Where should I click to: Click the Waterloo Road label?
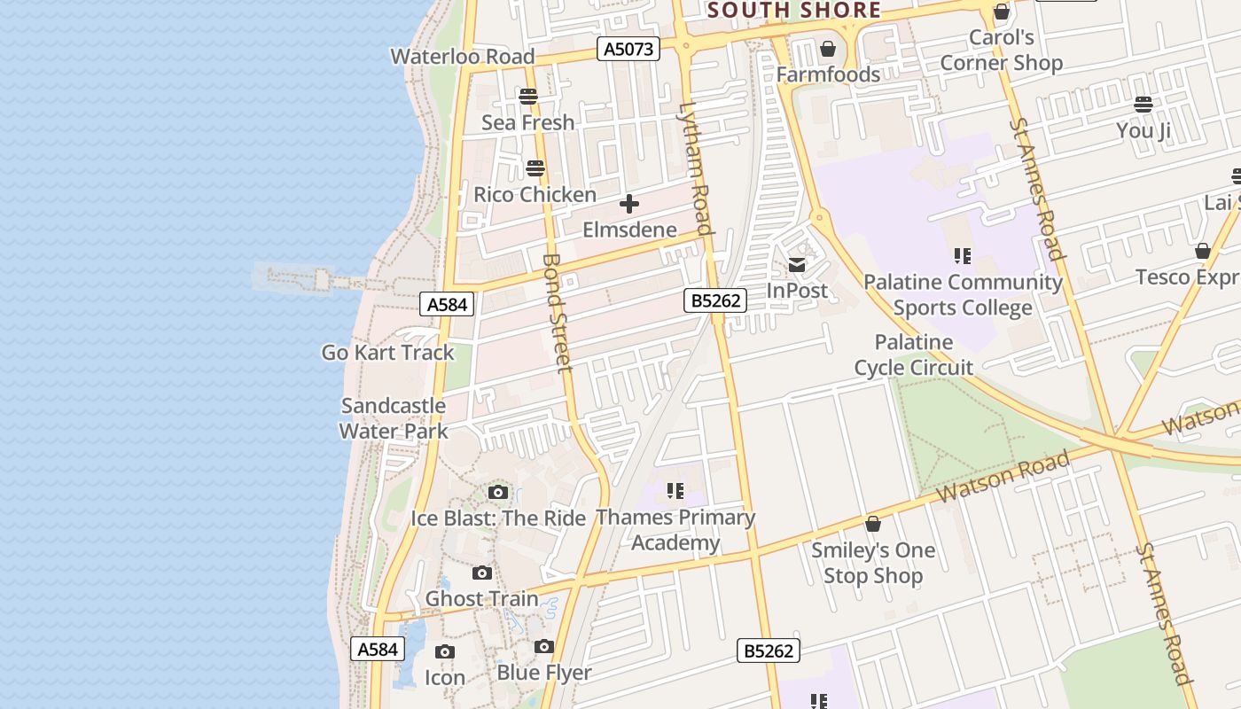point(462,57)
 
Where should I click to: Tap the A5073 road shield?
point(628,49)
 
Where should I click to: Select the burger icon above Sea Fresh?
point(528,96)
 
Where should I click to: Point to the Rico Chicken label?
point(535,195)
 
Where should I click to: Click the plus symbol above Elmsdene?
point(629,205)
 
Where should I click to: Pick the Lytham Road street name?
point(695,169)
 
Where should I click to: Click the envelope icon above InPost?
point(797,264)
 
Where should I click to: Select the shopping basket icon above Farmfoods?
point(828,49)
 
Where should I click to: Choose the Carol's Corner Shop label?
point(1001,51)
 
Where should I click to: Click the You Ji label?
point(1143,131)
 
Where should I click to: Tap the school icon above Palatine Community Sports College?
point(963,256)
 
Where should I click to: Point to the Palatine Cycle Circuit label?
point(913,354)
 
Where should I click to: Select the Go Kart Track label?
point(387,353)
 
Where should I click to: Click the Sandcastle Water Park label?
point(394,418)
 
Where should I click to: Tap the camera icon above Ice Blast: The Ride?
point(498,492)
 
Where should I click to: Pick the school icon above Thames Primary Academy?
point(675,490)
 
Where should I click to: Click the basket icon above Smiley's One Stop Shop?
point(873,524)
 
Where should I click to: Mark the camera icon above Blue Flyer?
point(544,647)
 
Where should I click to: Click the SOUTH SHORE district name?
point(794,11)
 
